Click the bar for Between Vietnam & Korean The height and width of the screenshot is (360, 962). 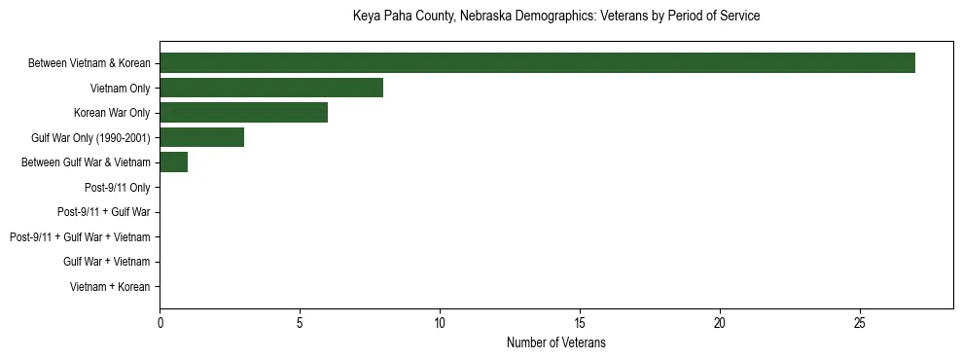(537, 63)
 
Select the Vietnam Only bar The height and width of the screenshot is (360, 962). (271, 89)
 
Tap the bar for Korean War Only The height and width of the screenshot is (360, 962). (243, 113)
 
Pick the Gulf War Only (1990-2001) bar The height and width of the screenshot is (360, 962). (201, 137)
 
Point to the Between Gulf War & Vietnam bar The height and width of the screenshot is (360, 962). (173, 162)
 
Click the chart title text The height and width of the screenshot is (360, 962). (555, 17)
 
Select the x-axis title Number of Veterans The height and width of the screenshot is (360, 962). (555, 342)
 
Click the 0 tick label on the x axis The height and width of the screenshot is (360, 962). (160, 323)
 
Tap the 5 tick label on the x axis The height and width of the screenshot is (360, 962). (300, 323)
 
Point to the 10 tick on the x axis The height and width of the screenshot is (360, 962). (440, 323)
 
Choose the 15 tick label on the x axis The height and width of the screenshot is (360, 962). (580, 323)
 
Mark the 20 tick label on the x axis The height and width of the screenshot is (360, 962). (720, 323)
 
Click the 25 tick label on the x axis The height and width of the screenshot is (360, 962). (860, 323)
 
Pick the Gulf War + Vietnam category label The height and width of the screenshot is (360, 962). (106, 262)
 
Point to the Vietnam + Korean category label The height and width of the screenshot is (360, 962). (110, 286)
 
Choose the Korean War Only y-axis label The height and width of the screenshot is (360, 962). (112, 113)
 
